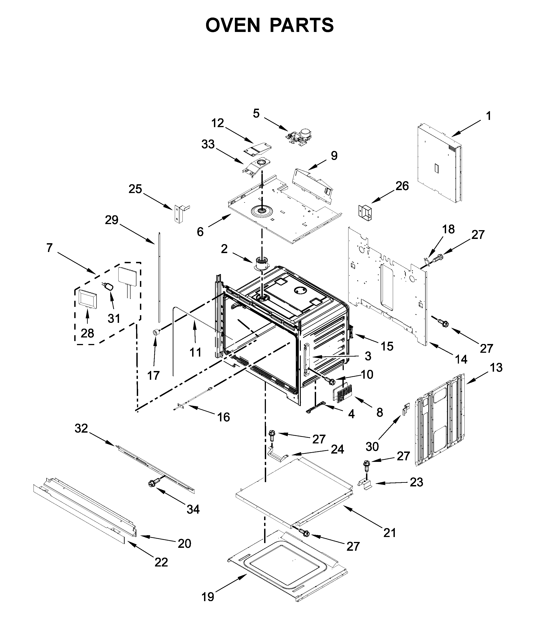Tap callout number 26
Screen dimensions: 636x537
tap(402, 186)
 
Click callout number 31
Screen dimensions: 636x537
tap(114, 319)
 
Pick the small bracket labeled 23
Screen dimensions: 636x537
tap(366, 484)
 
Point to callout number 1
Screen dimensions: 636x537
tap(488, 116)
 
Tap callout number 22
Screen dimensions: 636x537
tap(161, 562)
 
